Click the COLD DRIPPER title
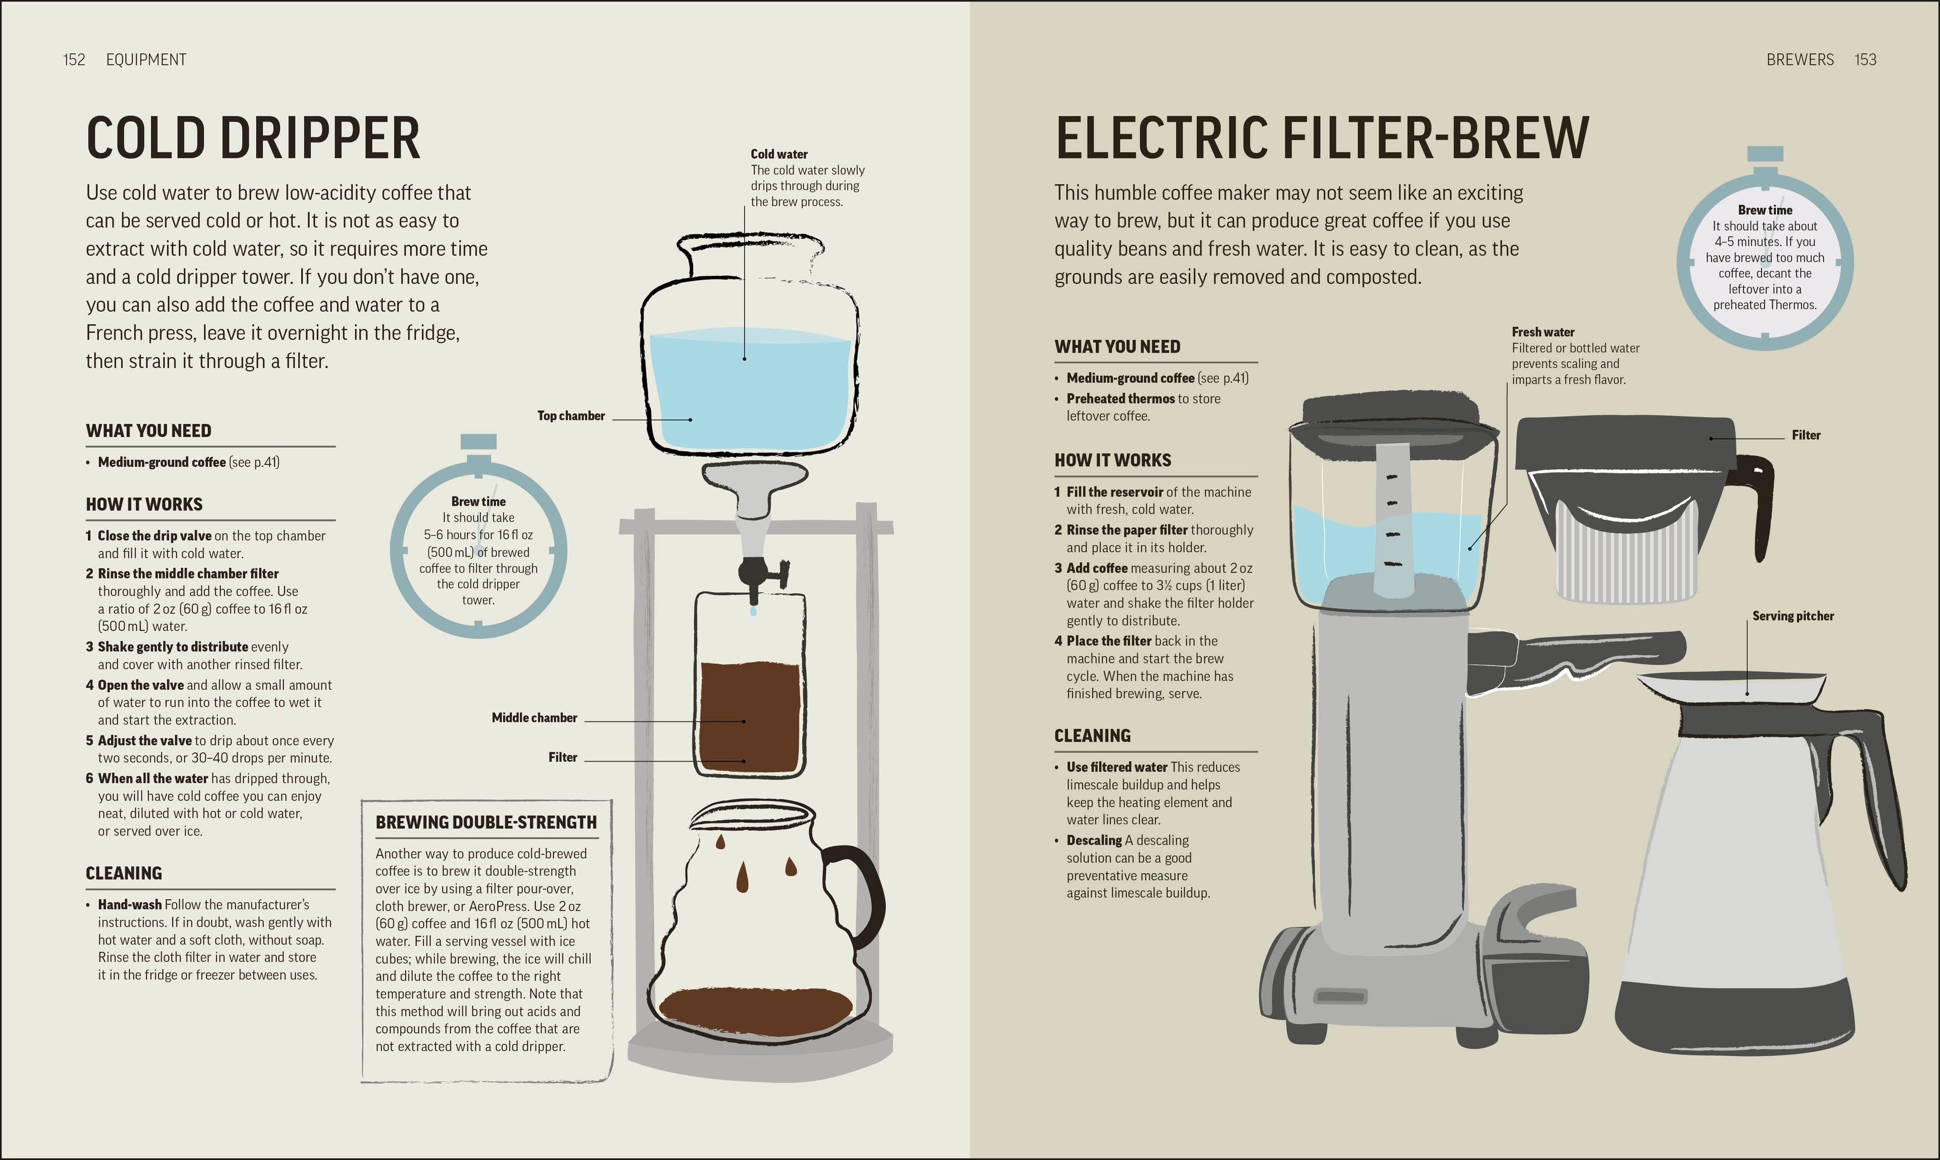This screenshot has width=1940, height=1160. [253, 138]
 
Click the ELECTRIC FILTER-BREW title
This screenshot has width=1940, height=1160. [1322, 138]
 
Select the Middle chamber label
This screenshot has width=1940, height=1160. [534, 717]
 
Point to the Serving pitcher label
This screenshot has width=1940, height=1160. [1792, 616]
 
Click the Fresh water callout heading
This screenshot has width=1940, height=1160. [1542, 332]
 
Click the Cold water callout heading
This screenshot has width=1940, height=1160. [779, 154]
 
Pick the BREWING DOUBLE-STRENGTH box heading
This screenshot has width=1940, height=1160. [486, 823]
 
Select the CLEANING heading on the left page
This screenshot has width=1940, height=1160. [123, 873]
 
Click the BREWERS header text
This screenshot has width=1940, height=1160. [1800, 60]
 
